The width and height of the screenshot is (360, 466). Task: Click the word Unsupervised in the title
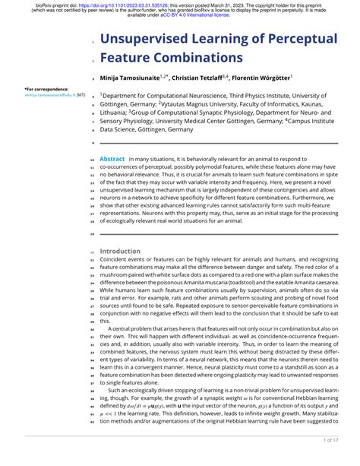pos(150,38)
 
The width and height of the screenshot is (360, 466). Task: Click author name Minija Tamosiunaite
pos(130,78)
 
